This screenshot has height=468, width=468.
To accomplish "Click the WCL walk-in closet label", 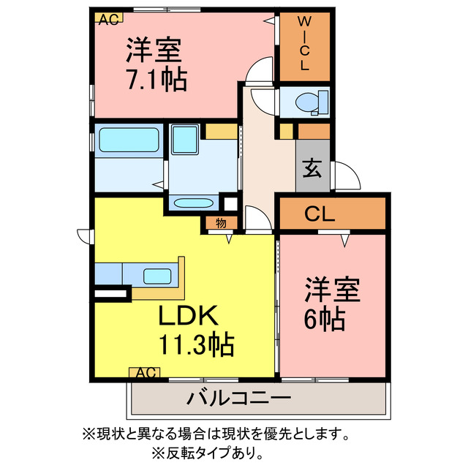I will tap(304, 46).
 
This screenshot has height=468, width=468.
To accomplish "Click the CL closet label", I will tap(320, 214).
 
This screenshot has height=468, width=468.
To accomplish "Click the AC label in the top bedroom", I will tap(107, 19).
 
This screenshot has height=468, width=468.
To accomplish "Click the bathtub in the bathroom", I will tap(129, 139).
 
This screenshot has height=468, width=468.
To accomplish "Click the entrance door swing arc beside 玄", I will tap(347, 177).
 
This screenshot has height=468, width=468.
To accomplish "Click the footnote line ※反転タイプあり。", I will tap(208, 451).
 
